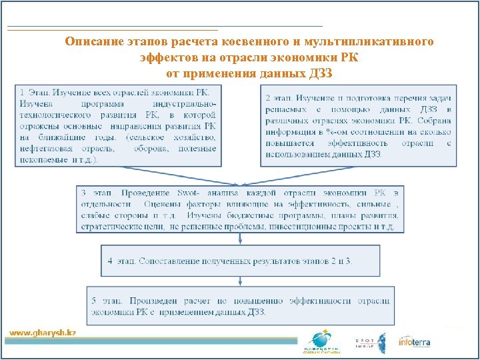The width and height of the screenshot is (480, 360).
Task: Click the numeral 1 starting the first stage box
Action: [23, 92]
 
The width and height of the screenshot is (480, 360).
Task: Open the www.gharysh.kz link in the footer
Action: [42, 332]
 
